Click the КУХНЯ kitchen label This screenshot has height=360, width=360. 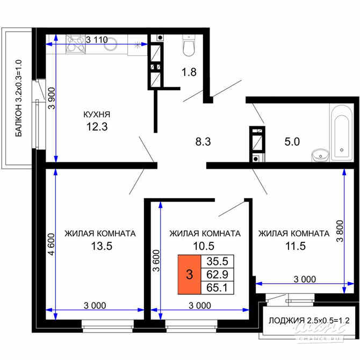click(x=97, y=114)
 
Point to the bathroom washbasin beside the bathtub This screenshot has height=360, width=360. click(x=320, y=155)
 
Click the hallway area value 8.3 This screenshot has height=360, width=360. click(x=204, y=142)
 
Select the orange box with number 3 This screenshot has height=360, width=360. click(x=189, y=275)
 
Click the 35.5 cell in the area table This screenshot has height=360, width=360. click(x=218, y=262)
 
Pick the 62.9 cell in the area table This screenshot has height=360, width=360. click(x=218, y=275)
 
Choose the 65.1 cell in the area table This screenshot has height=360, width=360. click(x=218, y=288)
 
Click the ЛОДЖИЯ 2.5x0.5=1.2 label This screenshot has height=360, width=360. click(x=308, y=321)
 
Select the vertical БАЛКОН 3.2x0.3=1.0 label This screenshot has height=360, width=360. click(x=18, y=98)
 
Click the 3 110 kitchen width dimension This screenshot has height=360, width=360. click(x=97, y=39)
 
